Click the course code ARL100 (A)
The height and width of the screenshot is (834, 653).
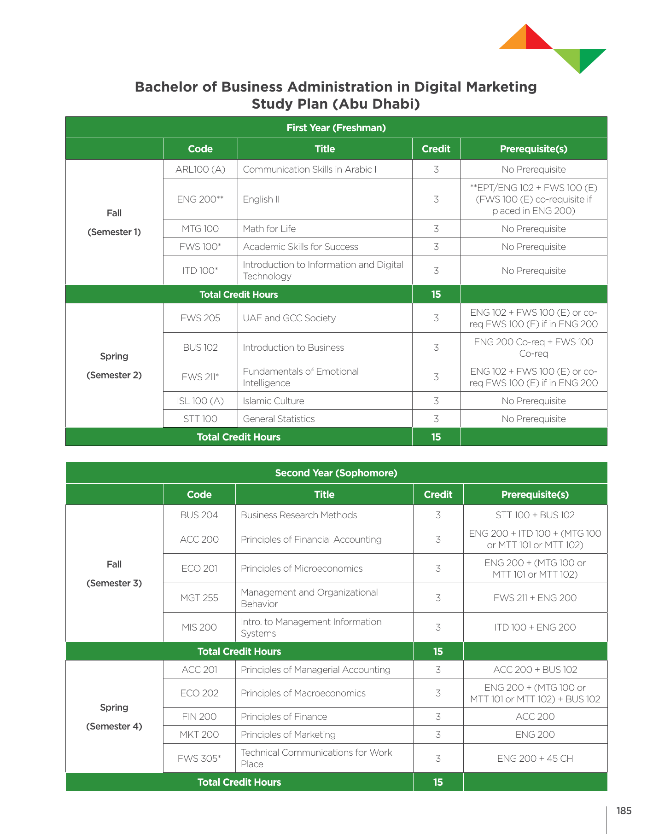pyautogui.click(x=200, y=169)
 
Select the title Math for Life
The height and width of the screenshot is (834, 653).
pyautogui.click(x=269, y=229)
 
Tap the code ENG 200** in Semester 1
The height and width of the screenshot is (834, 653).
pyautogui.click(x=200, y=199)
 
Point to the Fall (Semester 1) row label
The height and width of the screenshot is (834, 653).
pyautogui.click(x=114, y=222)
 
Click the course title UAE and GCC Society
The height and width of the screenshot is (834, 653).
pyautogui.click(x=289, y=318)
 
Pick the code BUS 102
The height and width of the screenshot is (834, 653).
pyautogui.click(x=200, y=347)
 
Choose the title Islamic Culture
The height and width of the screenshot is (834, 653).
pyautogui.click(x=274, y=401)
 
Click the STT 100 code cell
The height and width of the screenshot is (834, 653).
pyautogui.click(x=200, y=419)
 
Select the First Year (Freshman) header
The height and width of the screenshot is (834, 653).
pyautogui.click(x=336, y=127)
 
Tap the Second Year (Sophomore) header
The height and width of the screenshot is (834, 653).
pyautogui.click(x=336, y=473)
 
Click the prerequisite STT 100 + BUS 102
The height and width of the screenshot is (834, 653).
pyautogui.click(x=535, y=515)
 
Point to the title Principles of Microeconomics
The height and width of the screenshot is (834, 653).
pyautogui.click(x=302, y=568)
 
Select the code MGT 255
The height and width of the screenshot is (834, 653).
pyautogui.click(x=199, y=598)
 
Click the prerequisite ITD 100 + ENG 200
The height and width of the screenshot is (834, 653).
pyautogui.click(x=535, y=627)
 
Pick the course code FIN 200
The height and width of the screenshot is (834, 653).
pyautogui.click(x=199, y=717)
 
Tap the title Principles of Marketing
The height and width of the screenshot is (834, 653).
pyautogui.click(x=288, y=735)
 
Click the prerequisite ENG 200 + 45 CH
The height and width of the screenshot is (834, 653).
pyautogui.click(x=535, y=759)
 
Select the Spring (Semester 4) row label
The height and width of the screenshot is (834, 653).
pyautogui.click(x=114, y=717)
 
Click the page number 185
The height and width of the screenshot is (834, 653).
pyautogui.click(x=624, y=811)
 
